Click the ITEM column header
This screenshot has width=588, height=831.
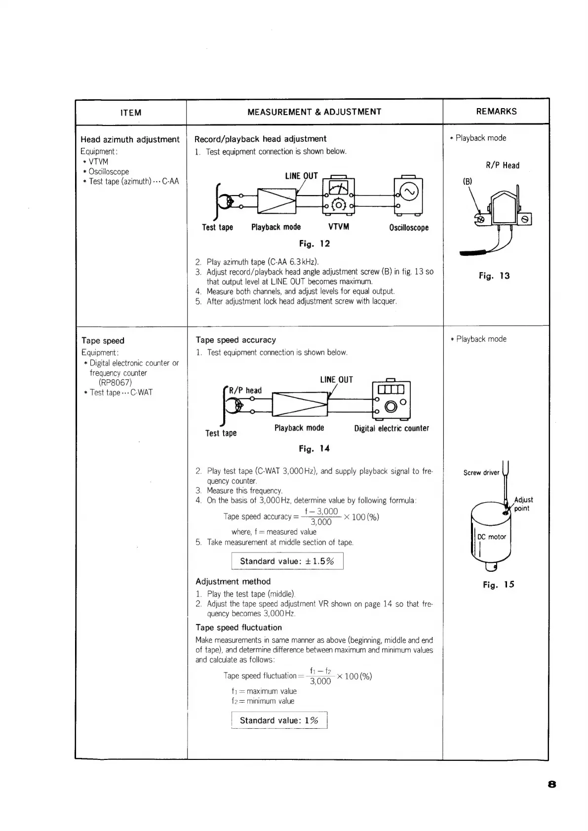point(131,113)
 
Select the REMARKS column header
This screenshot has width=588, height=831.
point(496,112)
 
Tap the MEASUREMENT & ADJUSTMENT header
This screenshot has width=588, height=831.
point(314,112)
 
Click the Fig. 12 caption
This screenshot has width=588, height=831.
point(314,243)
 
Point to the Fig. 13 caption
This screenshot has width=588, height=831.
point(494,276)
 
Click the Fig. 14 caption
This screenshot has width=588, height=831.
point(314,449)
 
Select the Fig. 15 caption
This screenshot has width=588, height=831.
point(499,585)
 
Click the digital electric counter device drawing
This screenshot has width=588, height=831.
point(391,398)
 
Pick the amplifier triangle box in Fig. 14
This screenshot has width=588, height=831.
point(300,403)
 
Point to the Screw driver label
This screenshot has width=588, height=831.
point(481,473)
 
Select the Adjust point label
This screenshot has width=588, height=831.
point(523,504)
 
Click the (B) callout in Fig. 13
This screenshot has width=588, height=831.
point(467,181)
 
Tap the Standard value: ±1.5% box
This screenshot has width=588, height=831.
point(287,561)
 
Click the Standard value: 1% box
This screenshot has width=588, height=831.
point(279,720)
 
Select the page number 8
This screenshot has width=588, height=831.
point(552,784)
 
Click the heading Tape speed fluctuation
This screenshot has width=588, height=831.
point(238,628)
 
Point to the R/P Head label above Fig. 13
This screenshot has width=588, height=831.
point(503,165)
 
